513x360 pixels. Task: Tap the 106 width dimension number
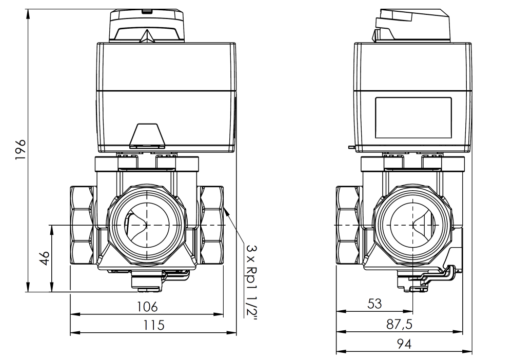point(147,307)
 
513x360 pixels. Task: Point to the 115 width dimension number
point(153,325)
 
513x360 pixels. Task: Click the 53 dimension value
point(374,304)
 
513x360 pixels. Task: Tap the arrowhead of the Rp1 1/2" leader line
point(224,208)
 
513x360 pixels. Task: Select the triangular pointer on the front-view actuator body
point(147,134)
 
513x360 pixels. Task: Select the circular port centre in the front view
point(147,225)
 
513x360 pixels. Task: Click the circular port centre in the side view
point(413,225)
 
